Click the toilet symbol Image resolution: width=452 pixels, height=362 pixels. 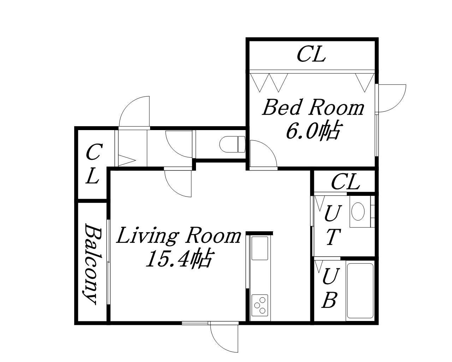coord(232,144)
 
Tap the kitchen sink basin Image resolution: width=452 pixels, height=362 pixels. coord(260,249)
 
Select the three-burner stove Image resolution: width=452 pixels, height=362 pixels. coord(260,305)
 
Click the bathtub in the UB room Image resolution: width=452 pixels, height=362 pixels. coord(360,291)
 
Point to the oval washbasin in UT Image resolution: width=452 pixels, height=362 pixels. coord(358,211)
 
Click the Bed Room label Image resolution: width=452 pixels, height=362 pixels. coord(313,108)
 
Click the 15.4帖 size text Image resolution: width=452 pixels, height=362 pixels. coord(179,259)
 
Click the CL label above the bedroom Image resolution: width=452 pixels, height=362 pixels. coord(311,54)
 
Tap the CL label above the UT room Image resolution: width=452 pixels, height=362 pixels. coord(345,181)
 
